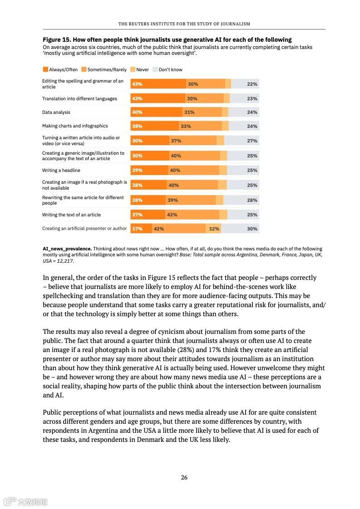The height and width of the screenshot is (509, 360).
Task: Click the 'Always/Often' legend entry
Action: point(60,69)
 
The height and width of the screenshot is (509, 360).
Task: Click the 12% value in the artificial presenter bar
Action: point(214,229)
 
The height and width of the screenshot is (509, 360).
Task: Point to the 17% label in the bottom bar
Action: point(137,229)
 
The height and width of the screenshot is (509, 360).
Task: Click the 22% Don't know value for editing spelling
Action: point(252,84)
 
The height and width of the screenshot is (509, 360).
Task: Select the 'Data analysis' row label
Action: point(56,112)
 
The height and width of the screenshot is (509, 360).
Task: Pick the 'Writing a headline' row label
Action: point(61,170)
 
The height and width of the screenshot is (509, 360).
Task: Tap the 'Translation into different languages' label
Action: point(79,98)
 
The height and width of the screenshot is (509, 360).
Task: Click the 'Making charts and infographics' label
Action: point(75,126)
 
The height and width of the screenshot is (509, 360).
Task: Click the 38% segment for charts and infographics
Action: point(137,126)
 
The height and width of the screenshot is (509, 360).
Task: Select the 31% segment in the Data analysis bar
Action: point(189,112)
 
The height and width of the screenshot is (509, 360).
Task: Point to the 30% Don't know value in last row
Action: point(252,229)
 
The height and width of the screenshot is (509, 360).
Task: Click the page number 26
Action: point(184,477)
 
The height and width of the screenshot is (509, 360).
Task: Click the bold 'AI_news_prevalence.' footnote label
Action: point(67,249)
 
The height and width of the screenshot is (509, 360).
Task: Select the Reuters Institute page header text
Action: point(184,24)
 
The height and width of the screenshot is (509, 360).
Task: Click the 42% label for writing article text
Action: point(172,215)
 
